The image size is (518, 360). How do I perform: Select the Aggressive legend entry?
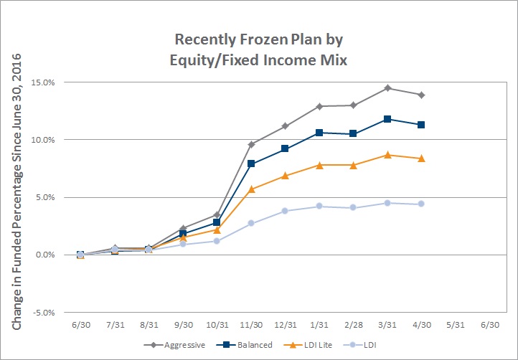[x=174, y=345]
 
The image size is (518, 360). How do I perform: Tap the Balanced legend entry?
[x=245, y=345]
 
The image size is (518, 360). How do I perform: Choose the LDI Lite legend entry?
[x=308, y=345]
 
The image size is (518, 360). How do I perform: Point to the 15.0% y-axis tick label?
[x=43, y=82]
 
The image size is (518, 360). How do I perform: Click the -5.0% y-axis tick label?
[x=43, y=313]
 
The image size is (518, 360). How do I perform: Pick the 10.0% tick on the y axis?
[x=43, y=140]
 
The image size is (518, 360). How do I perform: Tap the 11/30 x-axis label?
[x=251, y=325]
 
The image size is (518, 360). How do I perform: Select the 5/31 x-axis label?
[x=456, y=325]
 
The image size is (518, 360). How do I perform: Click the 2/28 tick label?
[x=354, y=325]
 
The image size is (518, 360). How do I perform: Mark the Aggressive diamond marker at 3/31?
[x=387, y=88]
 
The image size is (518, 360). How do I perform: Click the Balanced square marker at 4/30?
[x=421, y=125]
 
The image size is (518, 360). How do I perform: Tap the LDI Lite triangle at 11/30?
[x=251, y=189]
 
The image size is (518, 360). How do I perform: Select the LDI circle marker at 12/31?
[x=286, y=211]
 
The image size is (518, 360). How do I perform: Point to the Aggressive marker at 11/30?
[x=251, y=144]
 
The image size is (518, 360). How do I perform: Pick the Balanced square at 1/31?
[x=319, y=133]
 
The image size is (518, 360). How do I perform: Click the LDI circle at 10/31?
[x=217, y=241]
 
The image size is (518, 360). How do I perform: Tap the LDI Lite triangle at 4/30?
[x=421, y=158]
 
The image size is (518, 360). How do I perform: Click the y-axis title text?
[x=17, y=191]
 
